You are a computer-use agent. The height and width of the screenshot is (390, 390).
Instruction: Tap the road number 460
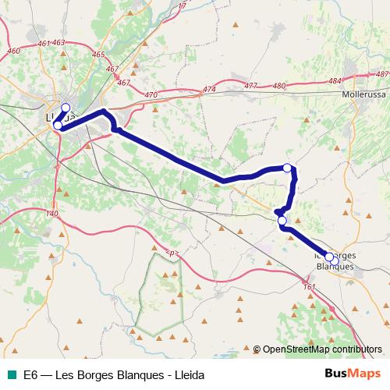coord(12,51)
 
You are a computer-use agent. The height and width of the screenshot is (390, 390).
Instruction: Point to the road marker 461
coord(44,43)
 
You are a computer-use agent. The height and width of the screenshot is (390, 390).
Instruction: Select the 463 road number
coord(58,43)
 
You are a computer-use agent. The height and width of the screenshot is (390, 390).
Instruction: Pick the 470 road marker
coord(151,94)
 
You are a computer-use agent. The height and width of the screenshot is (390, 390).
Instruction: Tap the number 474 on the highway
coord(208,90)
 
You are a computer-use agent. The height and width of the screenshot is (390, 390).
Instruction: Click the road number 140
coord(53,214)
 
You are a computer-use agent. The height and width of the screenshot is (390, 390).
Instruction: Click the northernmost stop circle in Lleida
coord(66,108)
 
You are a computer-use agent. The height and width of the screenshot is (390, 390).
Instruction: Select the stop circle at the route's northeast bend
coord(288,168)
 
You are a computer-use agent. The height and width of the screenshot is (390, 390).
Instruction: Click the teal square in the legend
coord(11,374)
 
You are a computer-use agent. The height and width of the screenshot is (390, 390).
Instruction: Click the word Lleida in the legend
coord(188,374)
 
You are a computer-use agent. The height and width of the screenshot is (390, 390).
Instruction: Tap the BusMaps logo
coord(353,374)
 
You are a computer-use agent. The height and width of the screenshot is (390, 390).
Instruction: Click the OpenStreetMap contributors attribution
coord(322,349)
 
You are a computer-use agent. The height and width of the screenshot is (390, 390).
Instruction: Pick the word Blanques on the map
coord(334,266)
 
